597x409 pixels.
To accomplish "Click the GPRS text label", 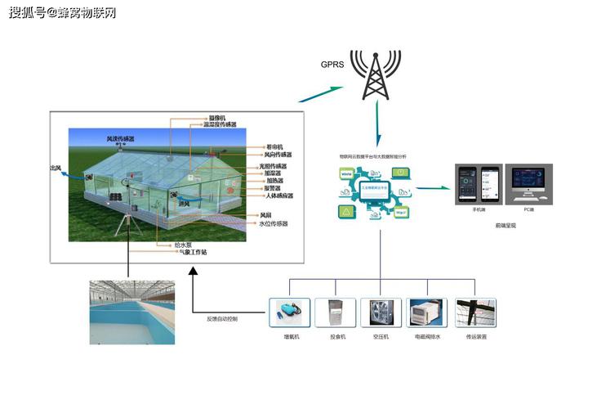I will [x=332, y=65].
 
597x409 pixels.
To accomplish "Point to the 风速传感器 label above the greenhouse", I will [x=121, y=139].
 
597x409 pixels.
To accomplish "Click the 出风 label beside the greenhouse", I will [x=56, y=168].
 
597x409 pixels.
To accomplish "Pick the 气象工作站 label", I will [x=194, y=252].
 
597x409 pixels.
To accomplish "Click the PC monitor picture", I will [x=528, y=182].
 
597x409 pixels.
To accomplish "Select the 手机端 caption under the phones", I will [x=479, y=209].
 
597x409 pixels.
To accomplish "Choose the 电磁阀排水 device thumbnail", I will [x=427, y=313].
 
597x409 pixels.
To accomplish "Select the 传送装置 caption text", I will [x=476, y=336].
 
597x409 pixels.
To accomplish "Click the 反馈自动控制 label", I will [x=221, y=318].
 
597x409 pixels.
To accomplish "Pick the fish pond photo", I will [x=131, y=312].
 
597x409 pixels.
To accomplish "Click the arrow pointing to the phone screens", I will [x=434, y=187].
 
